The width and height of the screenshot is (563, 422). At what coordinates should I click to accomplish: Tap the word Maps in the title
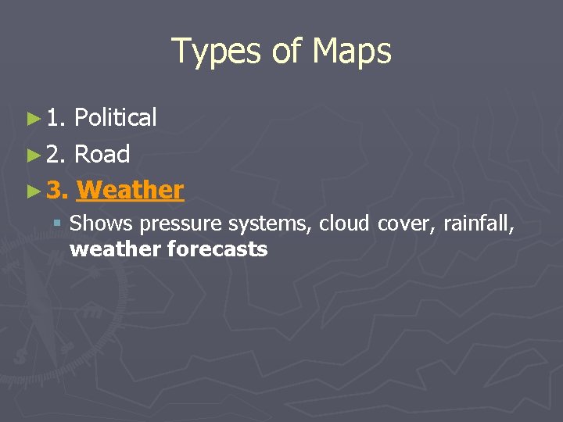point(351,52)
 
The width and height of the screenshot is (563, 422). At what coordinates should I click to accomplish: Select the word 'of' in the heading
point(287,52)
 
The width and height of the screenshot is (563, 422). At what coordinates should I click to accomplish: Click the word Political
point(115,118)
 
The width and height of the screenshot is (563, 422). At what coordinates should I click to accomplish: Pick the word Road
point(102,154)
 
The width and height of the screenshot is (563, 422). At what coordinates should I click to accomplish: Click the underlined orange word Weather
point(131,190)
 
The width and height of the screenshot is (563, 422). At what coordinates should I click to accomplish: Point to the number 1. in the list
point(56,118)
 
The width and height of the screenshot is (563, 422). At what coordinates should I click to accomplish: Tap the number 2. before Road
point(56,154)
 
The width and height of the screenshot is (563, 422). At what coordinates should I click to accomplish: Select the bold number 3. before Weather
point(57,190)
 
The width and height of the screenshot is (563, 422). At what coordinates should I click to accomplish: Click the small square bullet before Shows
point(57,224)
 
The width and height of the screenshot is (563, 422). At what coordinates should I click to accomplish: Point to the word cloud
point(345,224)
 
